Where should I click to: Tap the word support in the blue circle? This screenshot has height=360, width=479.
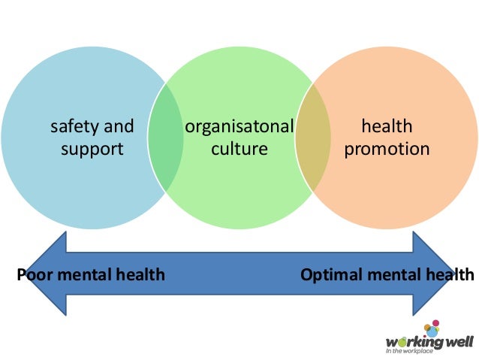click(92, 149)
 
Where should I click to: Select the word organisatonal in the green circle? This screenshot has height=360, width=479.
click(239, 126)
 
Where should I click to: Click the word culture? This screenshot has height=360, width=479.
click(239, 149)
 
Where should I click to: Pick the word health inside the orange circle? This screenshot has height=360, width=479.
click(387, 126)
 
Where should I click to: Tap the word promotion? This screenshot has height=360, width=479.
click(387, 149)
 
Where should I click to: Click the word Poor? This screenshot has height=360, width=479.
click(33, 274)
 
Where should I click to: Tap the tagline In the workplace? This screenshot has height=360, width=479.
click(410, 350)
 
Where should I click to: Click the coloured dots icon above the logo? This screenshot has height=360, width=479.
click(431, 328)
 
